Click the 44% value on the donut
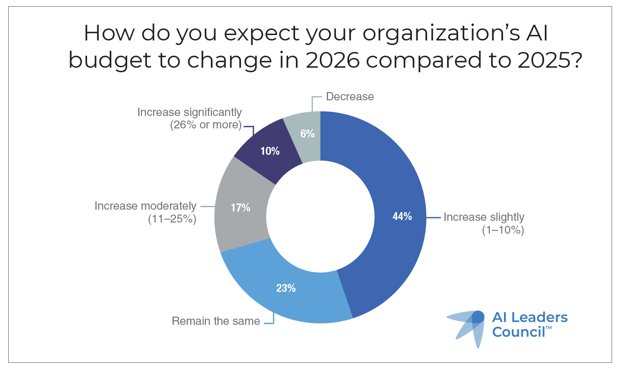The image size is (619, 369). pos(402,216)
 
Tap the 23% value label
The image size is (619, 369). pos(286,288)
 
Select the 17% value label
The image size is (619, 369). pos(240,208)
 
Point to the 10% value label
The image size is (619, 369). pos(270,151)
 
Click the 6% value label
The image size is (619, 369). pos(307,133)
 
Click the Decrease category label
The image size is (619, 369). pos(350,97)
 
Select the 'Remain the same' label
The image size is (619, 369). pos(215,321)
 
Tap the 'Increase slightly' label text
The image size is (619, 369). pos(484,217)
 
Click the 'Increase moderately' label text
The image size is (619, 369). pos(145,206)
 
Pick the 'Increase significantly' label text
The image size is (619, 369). pos(189,112)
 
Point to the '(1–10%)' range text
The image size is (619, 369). pos(503,230)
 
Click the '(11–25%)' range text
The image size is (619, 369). pos(172,219)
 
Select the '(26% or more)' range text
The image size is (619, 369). pos(206,125)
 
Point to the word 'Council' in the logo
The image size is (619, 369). pos(518,332)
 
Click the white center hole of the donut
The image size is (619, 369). pos(320,217)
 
